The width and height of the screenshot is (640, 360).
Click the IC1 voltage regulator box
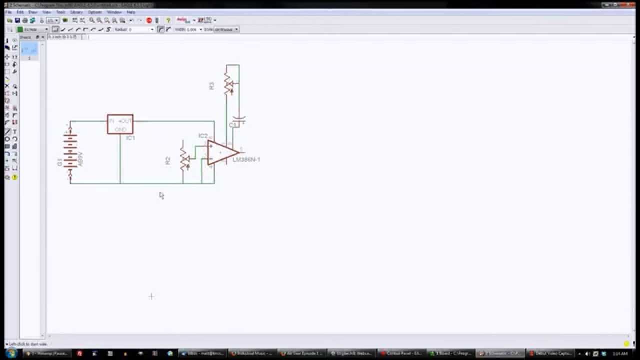(x=120, y=124)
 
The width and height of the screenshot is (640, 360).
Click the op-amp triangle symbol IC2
(x=221, y=152)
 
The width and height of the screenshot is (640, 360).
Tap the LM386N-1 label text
(x=246, y=160)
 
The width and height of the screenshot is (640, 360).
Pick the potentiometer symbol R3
(x=228, y=84)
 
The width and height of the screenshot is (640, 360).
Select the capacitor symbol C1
(x=239, y=120)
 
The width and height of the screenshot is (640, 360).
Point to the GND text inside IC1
(x=120, y=129)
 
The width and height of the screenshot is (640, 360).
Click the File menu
(x=8, y=12)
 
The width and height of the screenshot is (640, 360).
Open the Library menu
(x=76, y=12)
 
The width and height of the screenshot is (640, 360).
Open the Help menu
(x=131, y=12)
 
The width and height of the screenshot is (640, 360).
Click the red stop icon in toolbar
(x=149, y=20)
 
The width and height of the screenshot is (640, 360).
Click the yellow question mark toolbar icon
(x=168, y=20)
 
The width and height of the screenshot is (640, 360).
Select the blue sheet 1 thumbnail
(x=29, y=49)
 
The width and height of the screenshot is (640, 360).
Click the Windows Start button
(x=11, y=353)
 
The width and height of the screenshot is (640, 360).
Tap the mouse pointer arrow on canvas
(x=161, y=195)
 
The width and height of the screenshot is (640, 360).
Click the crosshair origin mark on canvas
(x=151, y=296)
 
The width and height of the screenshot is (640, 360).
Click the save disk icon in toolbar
(x=17, y=20)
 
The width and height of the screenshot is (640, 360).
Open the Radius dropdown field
(x=141, y=29)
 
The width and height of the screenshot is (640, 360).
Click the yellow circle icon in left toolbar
(x=15, y=177)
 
